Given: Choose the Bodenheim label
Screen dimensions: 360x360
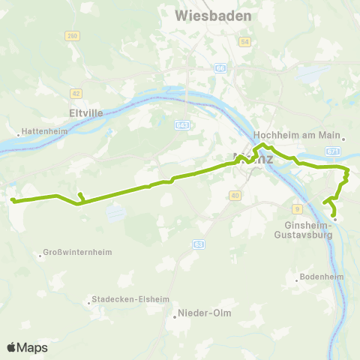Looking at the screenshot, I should (x=320, y=276).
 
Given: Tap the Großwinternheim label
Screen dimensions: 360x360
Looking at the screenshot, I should (x=78, y=252).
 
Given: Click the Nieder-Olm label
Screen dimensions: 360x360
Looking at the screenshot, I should (x=200, y=313).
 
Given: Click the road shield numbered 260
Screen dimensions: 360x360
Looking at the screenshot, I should (x=72, y=35).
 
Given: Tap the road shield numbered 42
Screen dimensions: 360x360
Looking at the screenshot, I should (x=76, y=93).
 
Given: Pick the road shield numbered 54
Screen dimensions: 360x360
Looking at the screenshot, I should (x=244, y=42).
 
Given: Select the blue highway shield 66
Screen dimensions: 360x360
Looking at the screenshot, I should (x=220, y=68).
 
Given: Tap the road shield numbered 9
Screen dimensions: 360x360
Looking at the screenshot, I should (x=297, y=208).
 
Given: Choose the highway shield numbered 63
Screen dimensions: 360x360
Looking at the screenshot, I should (x=198, y=244).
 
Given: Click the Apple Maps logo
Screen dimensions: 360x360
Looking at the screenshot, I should (x=27, y=347).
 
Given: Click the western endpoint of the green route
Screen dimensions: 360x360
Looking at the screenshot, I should (x=12, y=199).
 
